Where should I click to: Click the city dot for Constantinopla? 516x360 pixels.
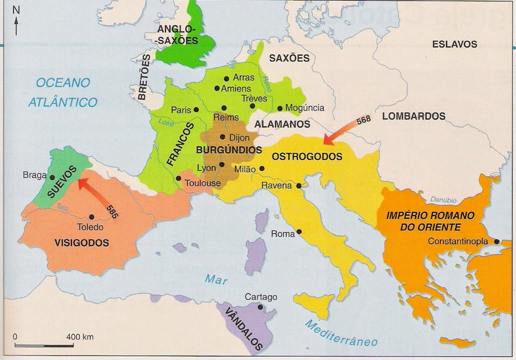click(496, 241)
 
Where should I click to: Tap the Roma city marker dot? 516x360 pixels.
click(299, 231)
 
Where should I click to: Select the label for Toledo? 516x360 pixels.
click(90, 227)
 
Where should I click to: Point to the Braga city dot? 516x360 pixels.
click(52, 176)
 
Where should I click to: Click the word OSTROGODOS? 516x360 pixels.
click(307, 157)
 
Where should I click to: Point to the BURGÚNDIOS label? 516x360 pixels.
click(229, 149)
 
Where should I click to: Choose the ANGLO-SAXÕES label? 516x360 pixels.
click(178, 35)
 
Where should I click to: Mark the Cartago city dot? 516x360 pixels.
click(260, 307)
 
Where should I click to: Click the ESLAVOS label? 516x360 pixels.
click(454, 44)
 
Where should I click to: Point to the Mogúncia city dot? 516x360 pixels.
click(279, 108)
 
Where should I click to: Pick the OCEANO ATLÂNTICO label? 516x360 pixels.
click(63, 92)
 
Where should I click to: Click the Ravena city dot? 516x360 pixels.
click(299, 185)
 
